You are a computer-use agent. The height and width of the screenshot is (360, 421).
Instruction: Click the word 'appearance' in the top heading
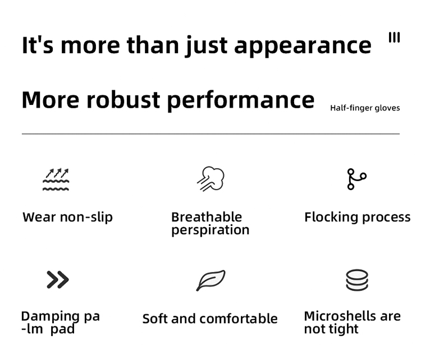(303, 46)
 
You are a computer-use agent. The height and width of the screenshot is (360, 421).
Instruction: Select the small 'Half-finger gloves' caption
(365, 108)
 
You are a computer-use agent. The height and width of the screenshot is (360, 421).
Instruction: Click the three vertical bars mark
(394, 37)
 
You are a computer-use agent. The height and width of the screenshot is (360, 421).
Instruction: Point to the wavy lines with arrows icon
(56, 179)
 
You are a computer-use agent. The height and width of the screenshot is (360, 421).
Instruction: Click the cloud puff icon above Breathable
(210, 179)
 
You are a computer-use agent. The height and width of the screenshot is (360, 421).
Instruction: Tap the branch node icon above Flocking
(356, 179)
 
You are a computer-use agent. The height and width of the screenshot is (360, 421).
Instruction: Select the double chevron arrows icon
(58, 279)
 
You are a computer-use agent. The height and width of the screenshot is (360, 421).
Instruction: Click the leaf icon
(210, 280)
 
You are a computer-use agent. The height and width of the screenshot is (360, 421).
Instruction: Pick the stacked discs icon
(357, 280)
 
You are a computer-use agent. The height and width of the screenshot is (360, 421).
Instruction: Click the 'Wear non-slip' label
(68, 217)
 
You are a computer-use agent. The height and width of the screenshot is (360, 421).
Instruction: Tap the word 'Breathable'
(207, 217)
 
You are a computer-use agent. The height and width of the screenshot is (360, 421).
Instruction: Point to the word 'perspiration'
(210, 230)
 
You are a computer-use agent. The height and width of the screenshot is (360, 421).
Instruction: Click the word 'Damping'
(50, 317)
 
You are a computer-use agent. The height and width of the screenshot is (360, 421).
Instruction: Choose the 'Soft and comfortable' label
(210, 319)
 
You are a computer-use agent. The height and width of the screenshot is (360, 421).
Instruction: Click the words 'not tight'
(331, 329)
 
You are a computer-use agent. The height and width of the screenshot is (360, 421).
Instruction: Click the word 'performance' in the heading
(241, 100)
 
